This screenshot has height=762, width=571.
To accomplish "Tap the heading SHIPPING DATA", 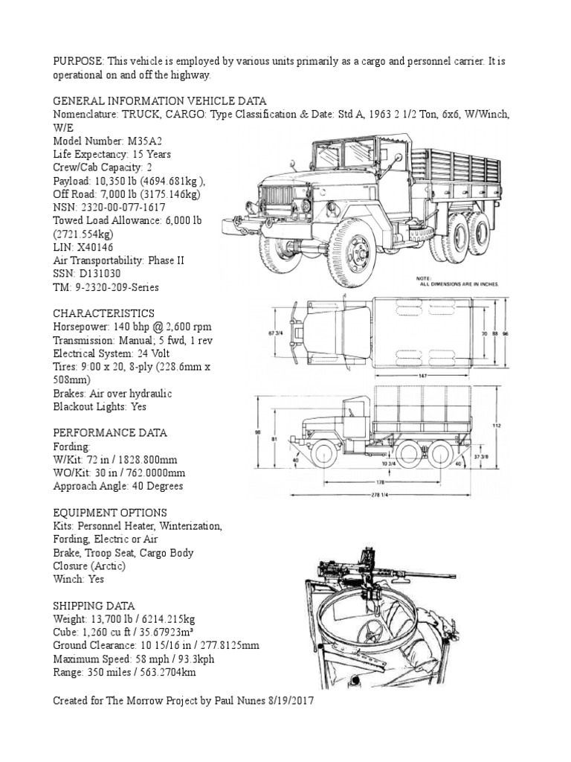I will [94, 606].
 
